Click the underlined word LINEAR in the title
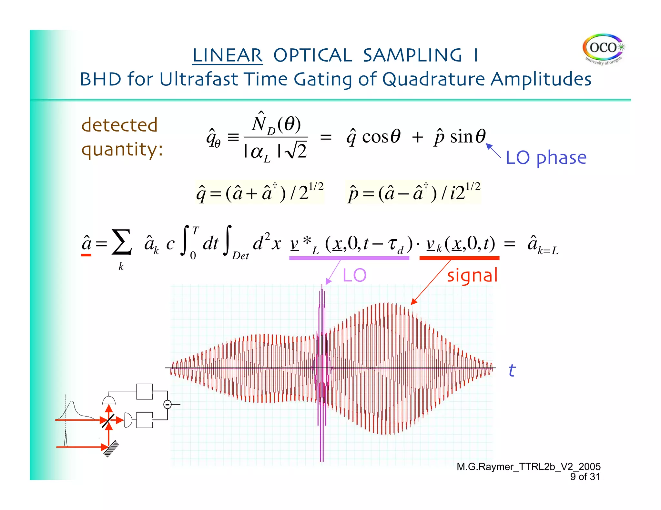pos(227,55)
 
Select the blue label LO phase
pos(546,158)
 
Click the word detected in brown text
pos(119,125)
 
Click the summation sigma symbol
pos(121,243)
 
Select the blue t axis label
pos(512,370)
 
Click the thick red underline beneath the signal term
pos(459,258)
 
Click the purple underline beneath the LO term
pos(349,258)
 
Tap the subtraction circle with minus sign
pos(167,404)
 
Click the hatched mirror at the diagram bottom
pos(111,448)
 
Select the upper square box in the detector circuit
pos(144,392)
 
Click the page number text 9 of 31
pos(585,477)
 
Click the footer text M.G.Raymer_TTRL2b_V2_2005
pos(528,466)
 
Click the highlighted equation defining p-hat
pos(413,192)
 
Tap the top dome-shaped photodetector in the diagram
pos(109,400)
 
